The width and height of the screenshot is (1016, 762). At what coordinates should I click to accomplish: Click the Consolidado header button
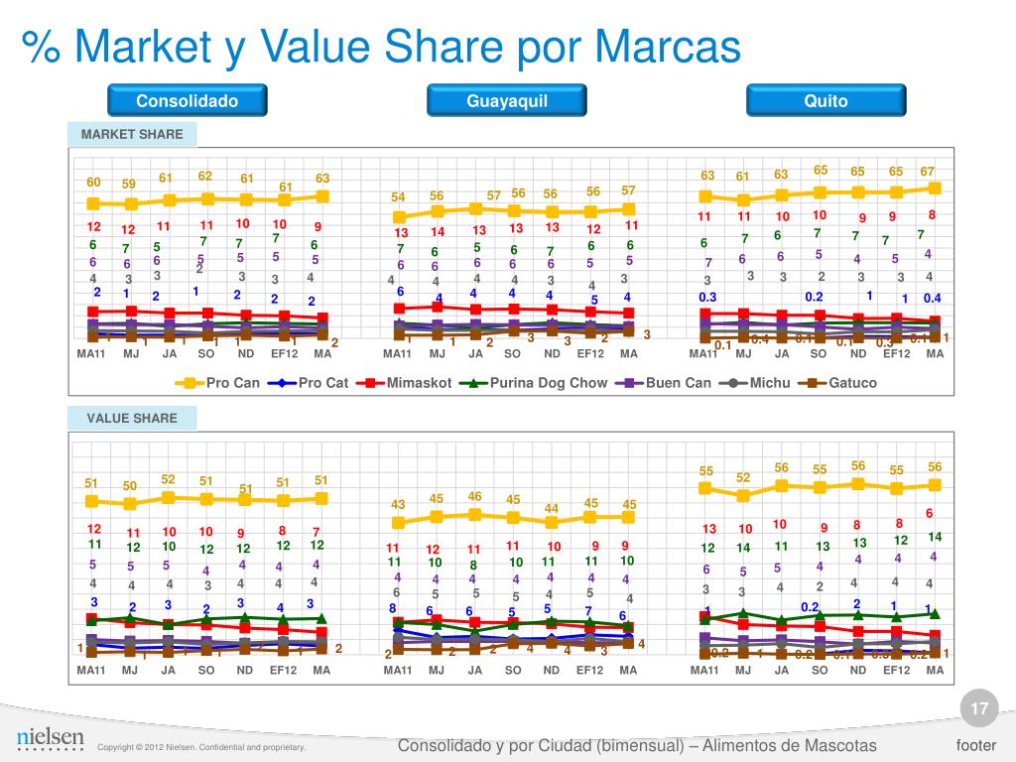pos(188,101)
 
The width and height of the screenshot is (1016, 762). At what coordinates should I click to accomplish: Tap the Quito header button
pos(826,101)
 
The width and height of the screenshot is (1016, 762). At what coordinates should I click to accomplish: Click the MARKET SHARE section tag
pos(132,135)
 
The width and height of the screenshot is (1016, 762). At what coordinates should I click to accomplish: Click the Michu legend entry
pos(760,383)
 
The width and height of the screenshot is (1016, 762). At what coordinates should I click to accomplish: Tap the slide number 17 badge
pos(979,708)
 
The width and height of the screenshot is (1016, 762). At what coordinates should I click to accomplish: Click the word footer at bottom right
pos(976,745)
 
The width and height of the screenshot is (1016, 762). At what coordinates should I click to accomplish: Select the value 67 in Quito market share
pos(928,172)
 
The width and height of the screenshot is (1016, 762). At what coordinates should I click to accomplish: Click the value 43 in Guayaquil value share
pos(397,505)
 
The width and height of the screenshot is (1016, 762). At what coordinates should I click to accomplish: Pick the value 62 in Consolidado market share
pos(205,176)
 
